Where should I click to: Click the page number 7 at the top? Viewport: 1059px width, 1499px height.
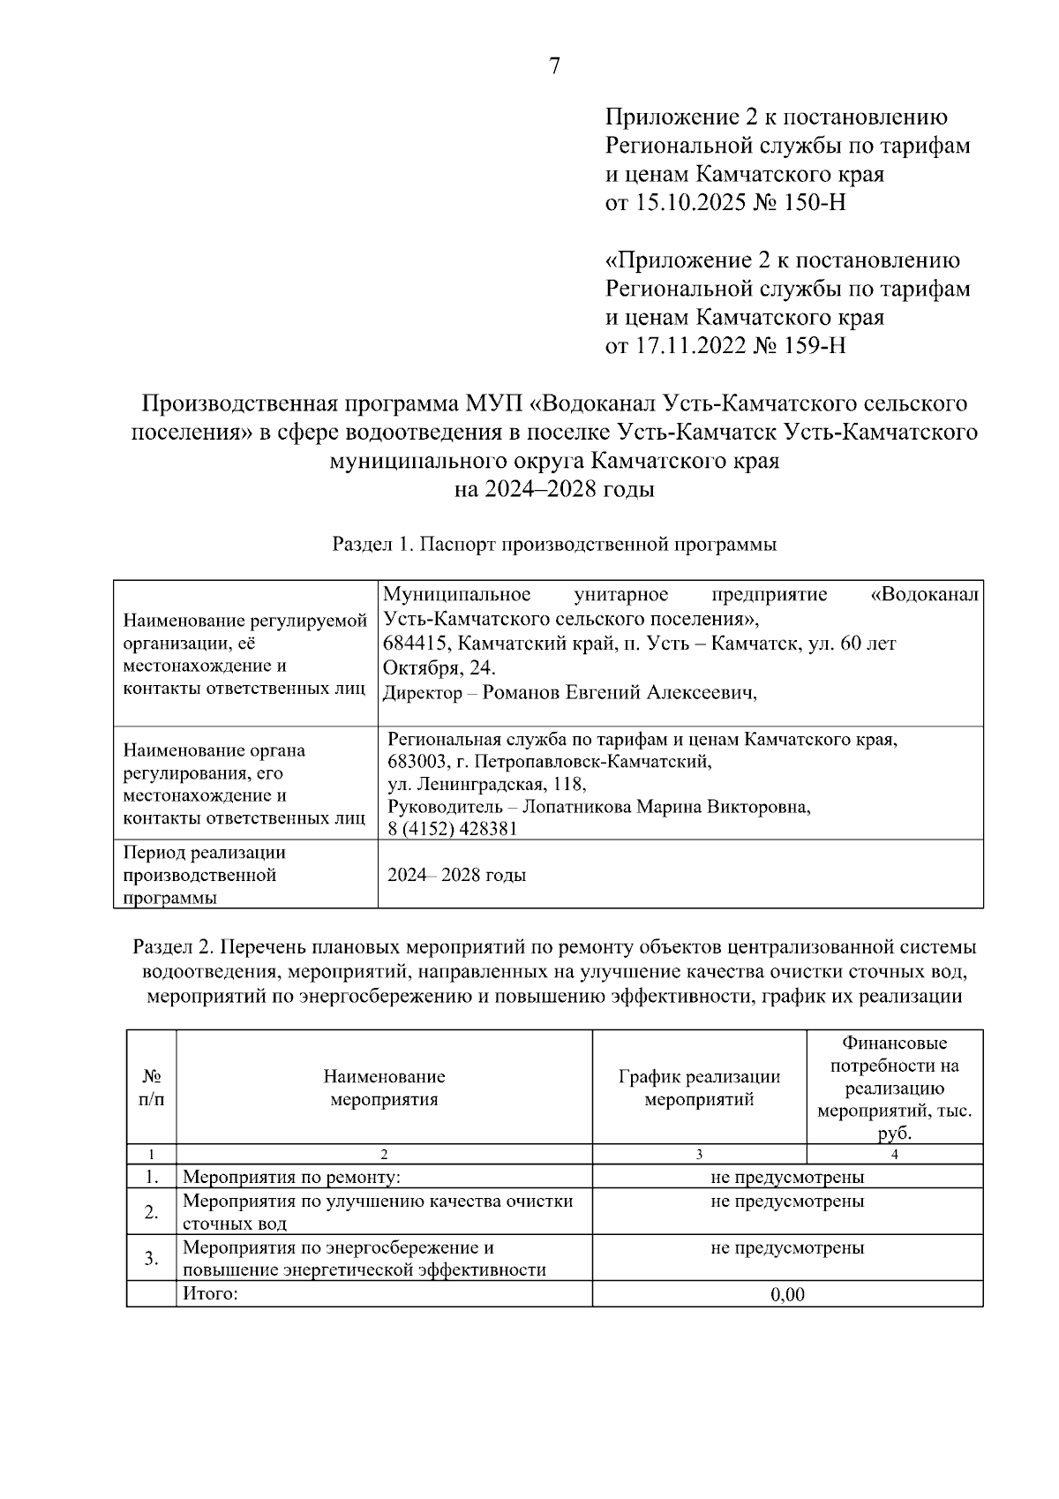coord(554,66)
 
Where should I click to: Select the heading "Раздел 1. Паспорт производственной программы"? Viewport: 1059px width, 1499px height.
coord(554,545)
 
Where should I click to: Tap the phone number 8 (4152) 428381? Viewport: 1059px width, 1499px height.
coord(453,829)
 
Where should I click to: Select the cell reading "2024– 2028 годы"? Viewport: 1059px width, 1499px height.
coord(457,875)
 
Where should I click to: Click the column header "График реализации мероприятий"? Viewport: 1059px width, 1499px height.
coord(699,1088)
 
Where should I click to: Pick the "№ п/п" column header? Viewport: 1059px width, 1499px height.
coord(151,1088)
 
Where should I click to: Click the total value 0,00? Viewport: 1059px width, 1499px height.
coord(787,1294)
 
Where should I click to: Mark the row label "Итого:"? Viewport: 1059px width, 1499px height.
coord(210,1293)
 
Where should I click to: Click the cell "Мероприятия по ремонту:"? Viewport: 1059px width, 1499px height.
coord(291,1177)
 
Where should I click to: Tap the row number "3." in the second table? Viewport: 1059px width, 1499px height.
coord(151,1258)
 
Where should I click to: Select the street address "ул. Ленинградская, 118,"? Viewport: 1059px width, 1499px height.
coord(486,784)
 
